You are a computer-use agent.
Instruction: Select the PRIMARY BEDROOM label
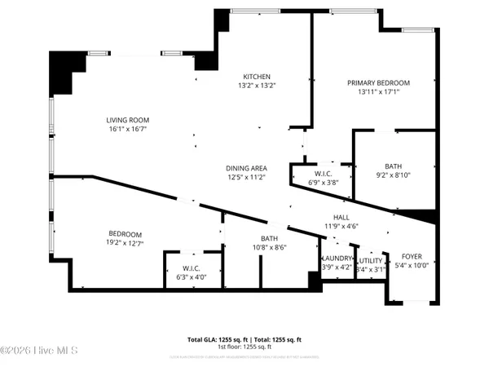click(x=378, y=83)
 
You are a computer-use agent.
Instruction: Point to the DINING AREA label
click(x=246, y=168)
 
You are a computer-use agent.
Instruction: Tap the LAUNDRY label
click(x=337, y=258)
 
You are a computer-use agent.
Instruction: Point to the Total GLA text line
click(x=244, y=338)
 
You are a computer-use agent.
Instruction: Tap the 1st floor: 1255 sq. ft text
click(x=244, y=347)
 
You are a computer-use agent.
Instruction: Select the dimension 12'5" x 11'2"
click(x=246, y=178)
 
